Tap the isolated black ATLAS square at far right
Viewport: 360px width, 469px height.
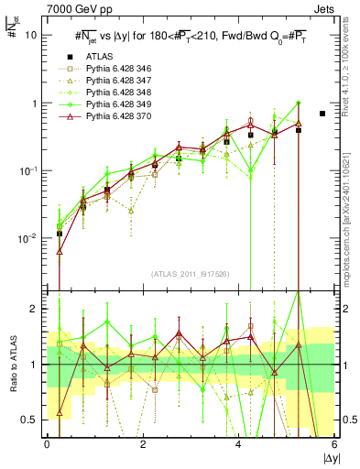[322, 114]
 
